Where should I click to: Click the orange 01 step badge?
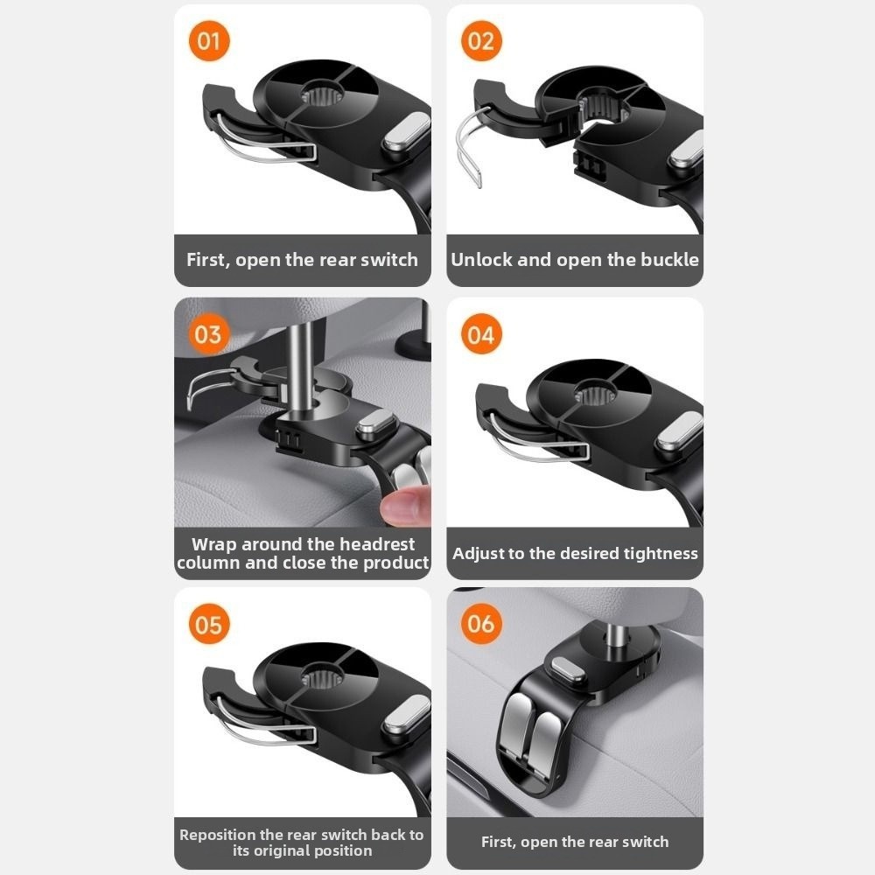point(209,41)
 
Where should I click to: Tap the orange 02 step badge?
point(481,41)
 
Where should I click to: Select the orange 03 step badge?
point(209,334)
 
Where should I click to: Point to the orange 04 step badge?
point(481,334)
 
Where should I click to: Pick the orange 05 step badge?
point(209,624)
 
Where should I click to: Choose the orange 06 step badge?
point(481,624)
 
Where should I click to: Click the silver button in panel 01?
point(406,133)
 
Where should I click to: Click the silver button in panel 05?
point(406,716)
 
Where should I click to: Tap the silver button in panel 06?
point(568,670)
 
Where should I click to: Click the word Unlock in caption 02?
point(481,260)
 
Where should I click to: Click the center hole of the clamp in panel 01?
point(320,96)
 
